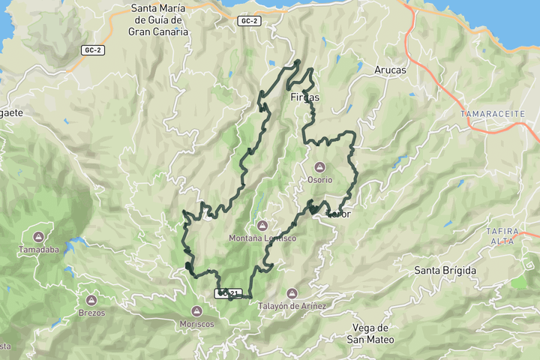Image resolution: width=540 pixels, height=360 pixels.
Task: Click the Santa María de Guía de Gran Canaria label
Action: point(157,20)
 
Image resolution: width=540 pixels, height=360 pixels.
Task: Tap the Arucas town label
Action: point(390,70)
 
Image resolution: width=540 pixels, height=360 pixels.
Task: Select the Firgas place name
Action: point(304,97)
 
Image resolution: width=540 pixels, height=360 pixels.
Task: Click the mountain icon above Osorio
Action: point(319,166)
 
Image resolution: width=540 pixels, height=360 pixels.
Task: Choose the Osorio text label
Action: point(319,180)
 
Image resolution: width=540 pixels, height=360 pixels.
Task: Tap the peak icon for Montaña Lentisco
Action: point(262,225)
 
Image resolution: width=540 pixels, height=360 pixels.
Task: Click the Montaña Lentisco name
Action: point(262,238)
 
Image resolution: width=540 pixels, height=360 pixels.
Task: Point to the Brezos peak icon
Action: point(91,300)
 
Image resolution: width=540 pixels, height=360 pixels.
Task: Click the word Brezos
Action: point(91,313)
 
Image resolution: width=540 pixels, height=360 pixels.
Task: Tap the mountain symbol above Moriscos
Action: point(197,310)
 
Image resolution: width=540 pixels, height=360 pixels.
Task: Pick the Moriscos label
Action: point(197,324)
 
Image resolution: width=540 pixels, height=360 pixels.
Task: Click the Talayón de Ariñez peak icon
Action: point(292,292)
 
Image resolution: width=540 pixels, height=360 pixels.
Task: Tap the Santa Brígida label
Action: point(445,269)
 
